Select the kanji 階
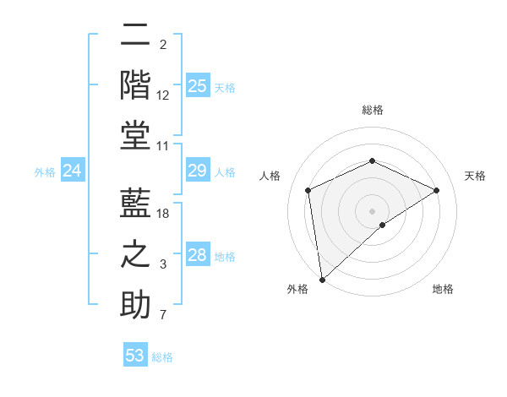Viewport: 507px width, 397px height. point(135,84)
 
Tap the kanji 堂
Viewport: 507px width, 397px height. point(135,135)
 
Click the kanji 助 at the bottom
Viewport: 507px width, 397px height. point(135,304)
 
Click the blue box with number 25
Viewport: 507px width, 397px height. point(198,86)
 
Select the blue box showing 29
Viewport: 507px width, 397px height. point(198,171)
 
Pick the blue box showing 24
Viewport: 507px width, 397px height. point(73,171)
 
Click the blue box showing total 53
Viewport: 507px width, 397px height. point(135,356)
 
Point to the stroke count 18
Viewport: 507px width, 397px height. point(163,214)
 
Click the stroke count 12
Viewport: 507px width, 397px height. point(163,95)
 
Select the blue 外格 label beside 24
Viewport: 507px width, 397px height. point(45,172)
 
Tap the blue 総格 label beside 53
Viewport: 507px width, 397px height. point(162,356)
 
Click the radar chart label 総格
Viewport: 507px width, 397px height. point(373,110)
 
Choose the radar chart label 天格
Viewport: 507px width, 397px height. point(476,176)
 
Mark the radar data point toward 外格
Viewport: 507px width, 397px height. point(321,280)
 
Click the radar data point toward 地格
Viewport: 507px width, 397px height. point(383,225)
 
